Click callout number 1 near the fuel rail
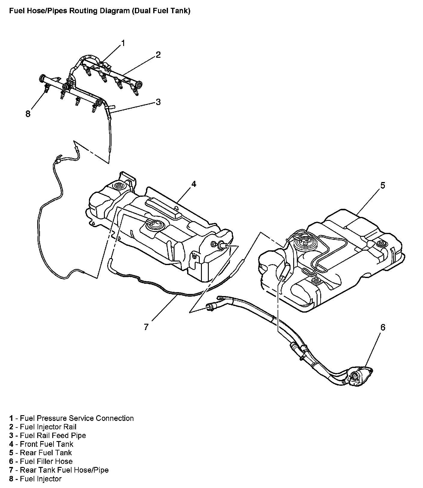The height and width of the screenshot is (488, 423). point(123,43)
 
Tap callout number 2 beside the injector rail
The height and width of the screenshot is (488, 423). point(158,55)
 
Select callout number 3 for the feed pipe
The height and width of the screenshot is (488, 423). point(158,102)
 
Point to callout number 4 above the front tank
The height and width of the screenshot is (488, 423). point(194,184)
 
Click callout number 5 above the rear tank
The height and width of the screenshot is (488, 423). point(382,185)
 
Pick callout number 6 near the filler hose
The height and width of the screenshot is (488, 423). point(382,327)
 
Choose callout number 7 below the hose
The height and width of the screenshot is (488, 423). point(146,327)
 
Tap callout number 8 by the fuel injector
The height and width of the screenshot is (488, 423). point(28,114)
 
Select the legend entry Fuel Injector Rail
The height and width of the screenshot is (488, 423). point(48,427)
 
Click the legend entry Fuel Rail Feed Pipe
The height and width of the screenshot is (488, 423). point(53,435)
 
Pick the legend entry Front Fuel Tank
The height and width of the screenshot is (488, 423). point(47,444)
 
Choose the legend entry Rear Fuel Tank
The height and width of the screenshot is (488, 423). point(46,453)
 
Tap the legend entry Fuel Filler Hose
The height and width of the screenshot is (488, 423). point(46,462)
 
